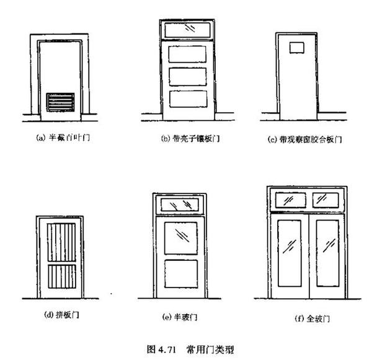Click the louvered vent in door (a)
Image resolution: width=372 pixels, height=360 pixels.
click(x=61, y=102)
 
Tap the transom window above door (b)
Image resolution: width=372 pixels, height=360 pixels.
click(x=187, y=29)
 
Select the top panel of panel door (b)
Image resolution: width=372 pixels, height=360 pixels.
click(x=187, y=55)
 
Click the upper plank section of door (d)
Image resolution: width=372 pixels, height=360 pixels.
click(x=62, y=242)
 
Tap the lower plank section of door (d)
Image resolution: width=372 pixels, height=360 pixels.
click(x=62, y=276)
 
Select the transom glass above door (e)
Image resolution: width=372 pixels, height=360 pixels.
click(x=181, y=205)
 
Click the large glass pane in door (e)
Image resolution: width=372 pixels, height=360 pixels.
click(x=181, y=236)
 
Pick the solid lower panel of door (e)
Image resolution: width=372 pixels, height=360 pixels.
click(x=181, y=273)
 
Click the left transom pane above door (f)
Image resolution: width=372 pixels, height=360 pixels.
click(x=288, y=200)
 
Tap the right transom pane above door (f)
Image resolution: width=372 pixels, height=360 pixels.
click(x=326, y=200)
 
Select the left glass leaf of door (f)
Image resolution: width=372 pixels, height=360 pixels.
click(x=289, y=252)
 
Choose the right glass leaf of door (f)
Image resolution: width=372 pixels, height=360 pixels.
click(x=327, y=252)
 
